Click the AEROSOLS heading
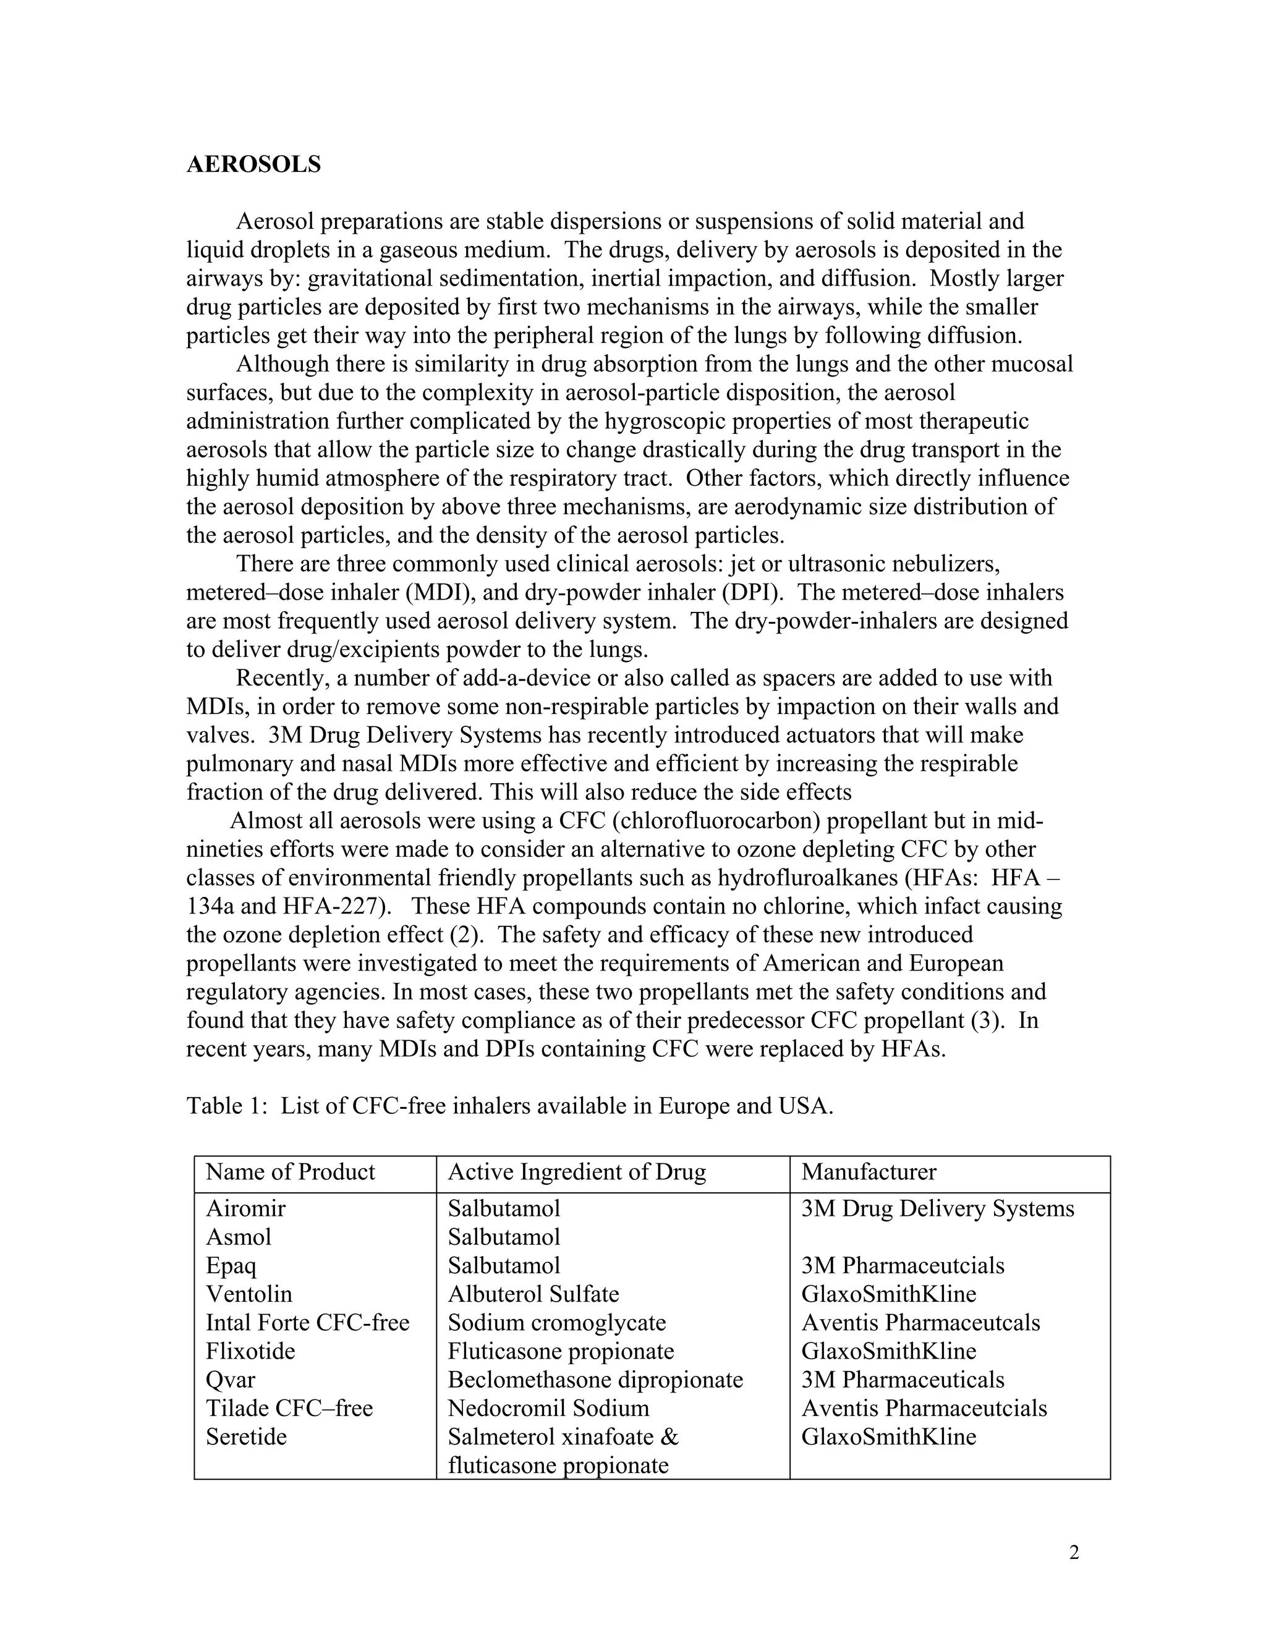point(253,164)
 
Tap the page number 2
point(1074,1553)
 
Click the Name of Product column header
point(291,1171)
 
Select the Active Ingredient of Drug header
point(577,1171)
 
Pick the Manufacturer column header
point(869,1171)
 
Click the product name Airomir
point(245,1208)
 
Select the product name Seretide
point(246,1436)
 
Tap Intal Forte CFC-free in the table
point(307,1322)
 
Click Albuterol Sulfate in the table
point(533,1294)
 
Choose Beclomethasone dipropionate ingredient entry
point(595,1379)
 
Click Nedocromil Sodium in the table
point(548,1407)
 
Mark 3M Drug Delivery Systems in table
point(938,1208)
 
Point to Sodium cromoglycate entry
point(556,1322)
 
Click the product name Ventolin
point(249,1294)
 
